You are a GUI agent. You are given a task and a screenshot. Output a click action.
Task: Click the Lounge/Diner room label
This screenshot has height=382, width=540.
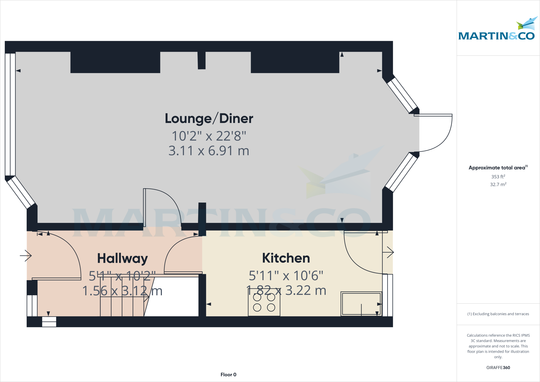(209, 118)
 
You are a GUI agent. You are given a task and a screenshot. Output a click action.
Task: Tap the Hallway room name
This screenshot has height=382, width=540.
(122, 258)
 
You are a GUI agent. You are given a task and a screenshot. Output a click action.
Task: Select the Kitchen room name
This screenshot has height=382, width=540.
(286, 258)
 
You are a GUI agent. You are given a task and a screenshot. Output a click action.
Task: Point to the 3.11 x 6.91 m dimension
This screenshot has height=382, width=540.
(209, 151)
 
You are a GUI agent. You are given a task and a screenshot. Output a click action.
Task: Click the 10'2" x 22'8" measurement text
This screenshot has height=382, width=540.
(209, 136)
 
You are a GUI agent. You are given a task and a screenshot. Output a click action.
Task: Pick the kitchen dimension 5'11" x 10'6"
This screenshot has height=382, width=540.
(286, 276)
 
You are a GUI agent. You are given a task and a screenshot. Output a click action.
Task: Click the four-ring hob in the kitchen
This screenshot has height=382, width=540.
(264, 302)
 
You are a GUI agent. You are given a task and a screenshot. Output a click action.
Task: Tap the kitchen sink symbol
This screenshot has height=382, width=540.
(361, 303)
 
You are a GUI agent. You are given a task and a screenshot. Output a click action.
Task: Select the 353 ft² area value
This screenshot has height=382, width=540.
(498, 177)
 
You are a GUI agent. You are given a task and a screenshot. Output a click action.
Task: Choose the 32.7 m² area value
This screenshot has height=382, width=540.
(498, 184)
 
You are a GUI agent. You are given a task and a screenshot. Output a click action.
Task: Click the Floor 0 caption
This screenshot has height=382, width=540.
(228, 375)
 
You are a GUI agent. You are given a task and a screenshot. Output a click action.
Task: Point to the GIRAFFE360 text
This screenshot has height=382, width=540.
(498, 367)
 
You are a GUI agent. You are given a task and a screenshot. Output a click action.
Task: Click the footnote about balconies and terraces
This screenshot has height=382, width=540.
(498, 314)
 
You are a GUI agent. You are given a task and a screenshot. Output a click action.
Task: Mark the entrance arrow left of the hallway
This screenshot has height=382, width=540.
(26, 255)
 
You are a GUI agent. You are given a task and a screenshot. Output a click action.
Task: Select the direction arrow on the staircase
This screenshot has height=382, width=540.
(146, 297)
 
